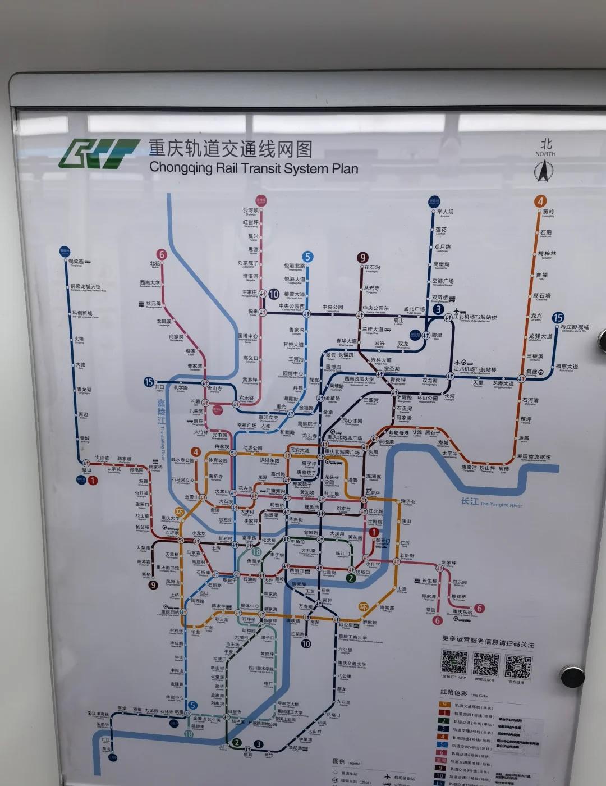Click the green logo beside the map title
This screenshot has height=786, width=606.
(99, 153)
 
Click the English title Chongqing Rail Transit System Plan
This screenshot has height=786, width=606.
(254, 167)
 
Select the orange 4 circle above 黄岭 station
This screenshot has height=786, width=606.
(540, 201)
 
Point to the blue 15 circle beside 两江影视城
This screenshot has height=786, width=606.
(558, 318)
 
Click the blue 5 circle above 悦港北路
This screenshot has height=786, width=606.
(307, 257)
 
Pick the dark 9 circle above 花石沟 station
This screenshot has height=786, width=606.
(363, 258)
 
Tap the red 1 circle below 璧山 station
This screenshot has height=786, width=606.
(93, 480)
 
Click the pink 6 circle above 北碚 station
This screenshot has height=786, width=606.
(162, 254)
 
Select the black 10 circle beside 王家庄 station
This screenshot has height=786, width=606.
(274, 294)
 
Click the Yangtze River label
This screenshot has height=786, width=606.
(492, 502)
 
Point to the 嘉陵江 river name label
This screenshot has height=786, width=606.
(162, 412)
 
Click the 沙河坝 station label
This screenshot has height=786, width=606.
(251, 211)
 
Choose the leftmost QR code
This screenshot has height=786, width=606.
(454, 662)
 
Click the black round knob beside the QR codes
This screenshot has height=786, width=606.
(572, 676)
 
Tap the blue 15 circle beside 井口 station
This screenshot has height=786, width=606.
(149, 382)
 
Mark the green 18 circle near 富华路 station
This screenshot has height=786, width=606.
(256, 551)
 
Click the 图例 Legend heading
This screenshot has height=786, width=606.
(346, 762)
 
